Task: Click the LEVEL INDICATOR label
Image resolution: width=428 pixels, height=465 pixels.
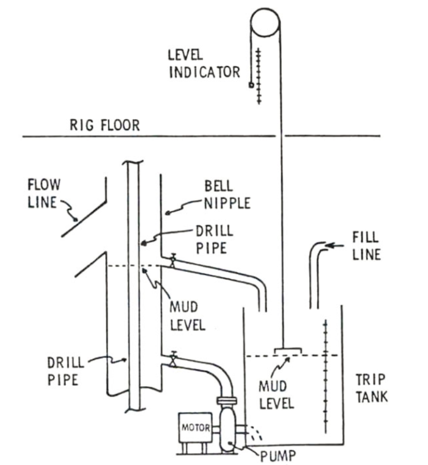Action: click(x=204, y=64)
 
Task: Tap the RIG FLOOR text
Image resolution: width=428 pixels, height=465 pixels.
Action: click(x=104, y=124)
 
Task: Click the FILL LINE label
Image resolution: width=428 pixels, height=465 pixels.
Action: click(x=366, y=245)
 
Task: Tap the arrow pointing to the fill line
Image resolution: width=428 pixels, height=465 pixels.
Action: click(x=334, y=245)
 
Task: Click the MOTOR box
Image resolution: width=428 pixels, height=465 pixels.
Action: click(x=194, y=428)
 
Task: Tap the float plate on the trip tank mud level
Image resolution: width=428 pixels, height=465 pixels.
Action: click(x=288, y=351)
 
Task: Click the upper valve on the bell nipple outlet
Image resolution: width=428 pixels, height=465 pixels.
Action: click(x=173, y=260)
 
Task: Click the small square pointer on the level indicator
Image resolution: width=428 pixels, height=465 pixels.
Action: click(x=251, y=85)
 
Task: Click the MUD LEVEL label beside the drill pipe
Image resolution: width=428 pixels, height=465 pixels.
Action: click(x=187, y=314)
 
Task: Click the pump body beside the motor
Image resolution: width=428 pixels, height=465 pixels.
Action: click(x=228, y=427)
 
